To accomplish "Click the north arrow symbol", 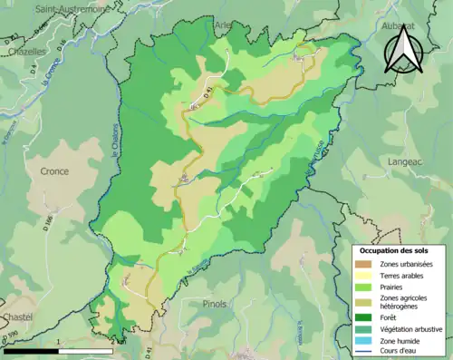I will [x=400, y=47].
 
